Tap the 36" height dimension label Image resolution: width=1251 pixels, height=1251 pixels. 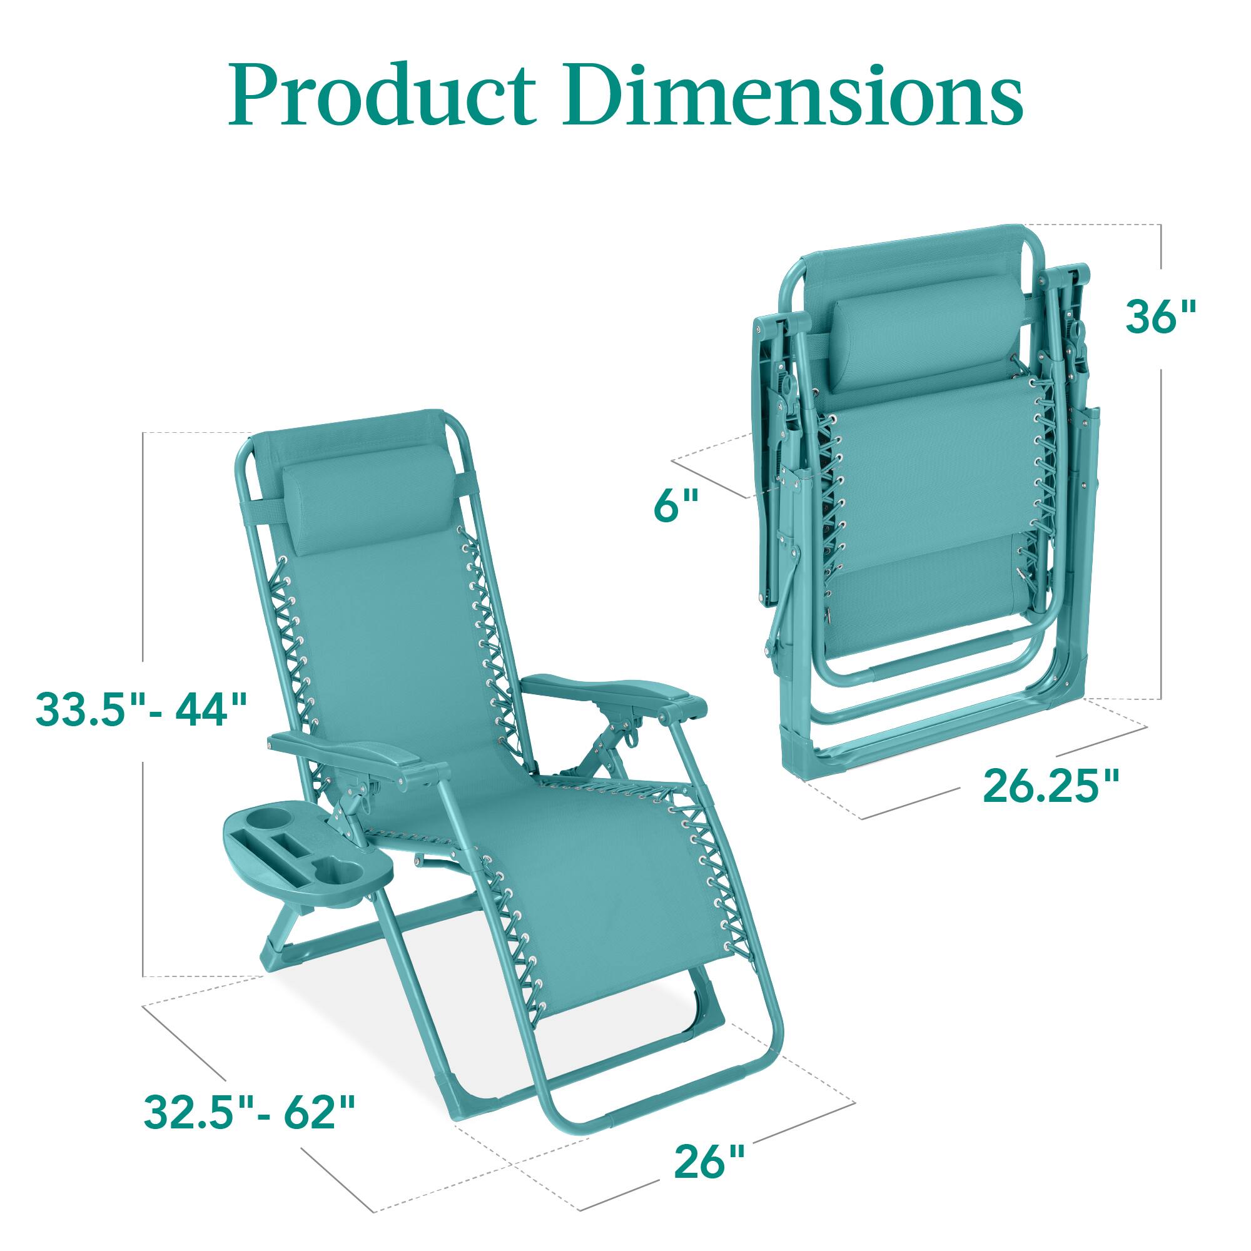1160,317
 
